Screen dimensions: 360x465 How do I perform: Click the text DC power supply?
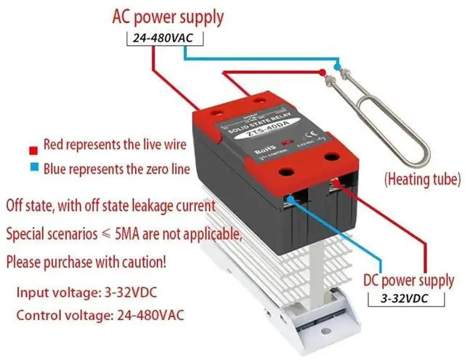point(409,280)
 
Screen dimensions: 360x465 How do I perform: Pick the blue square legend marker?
point(33,169)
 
